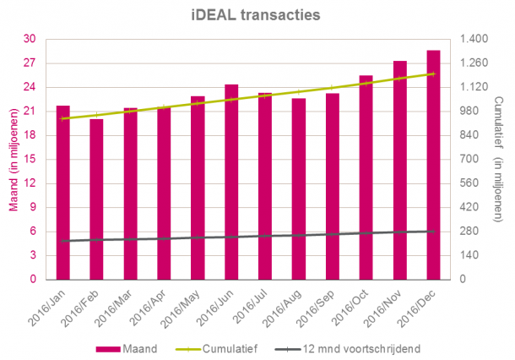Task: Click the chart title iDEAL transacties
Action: point(257,14)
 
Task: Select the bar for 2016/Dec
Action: point(433,165)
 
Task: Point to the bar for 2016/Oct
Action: point(366,177)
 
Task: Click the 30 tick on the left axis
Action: point(30,39)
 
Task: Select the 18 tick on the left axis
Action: point(30,135)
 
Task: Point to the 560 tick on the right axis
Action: point(468,183)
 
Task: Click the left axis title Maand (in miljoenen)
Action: point(13,159)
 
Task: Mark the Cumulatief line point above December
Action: point(433,74)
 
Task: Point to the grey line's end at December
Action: point(433,231)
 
